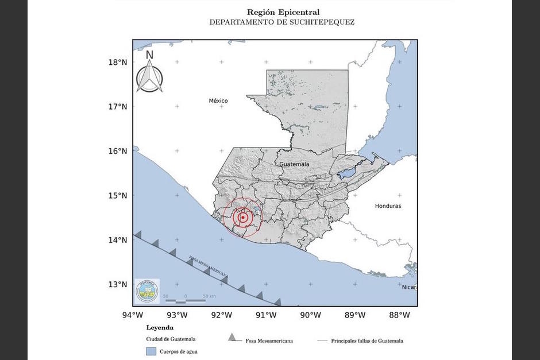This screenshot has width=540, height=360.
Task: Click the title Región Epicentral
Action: pyautogui.click(x=283, y=12)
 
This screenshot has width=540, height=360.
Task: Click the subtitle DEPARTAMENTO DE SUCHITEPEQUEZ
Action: pyautogui.click(x=281, y=22)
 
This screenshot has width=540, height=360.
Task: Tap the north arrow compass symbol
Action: pyautogui.click(x=149, y=72)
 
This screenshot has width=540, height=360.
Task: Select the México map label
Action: pyautogui.click(x=218, y=101)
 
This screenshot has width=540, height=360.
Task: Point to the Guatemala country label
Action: pyautogui.click(x=294, y=164)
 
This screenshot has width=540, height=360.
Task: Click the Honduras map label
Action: pyautogui.click(x=388, y=206)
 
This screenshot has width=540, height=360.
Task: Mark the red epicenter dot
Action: pyautogui.click(x=243, y=218)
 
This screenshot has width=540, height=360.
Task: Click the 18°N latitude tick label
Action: pyautogui.click(x=118, y=62)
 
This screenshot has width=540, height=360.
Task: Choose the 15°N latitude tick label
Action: pyautogui.click(x=118, y=195)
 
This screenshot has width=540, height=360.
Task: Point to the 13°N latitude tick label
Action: pyautogui.click(x=118, y=284)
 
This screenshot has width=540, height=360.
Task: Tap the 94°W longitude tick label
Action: pyautogui.click(x=133, y=315)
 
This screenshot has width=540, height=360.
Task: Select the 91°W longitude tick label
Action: pyautogui.click(x=266, y=315)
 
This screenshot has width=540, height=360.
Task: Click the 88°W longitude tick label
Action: pyautogui.click(x=399, y=315)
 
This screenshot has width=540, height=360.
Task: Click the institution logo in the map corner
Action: pyautogui.click(x=147, y=291)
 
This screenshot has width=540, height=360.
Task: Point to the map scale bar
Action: pyautogui.click(x=190, y=300)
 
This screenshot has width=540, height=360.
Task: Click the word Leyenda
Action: pyautogui.click(x=160, y=328)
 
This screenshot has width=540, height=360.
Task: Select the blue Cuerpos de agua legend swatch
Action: pyautogui.click(x=151, y=351)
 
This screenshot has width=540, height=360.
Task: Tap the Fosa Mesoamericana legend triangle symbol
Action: pyautogui.click(x=232, y=338)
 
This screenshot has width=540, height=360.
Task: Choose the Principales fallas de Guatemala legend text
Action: pyautogui.click(x=367, y=340)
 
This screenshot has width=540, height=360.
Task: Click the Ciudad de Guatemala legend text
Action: pyautogui.click(x=171, y=339)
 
